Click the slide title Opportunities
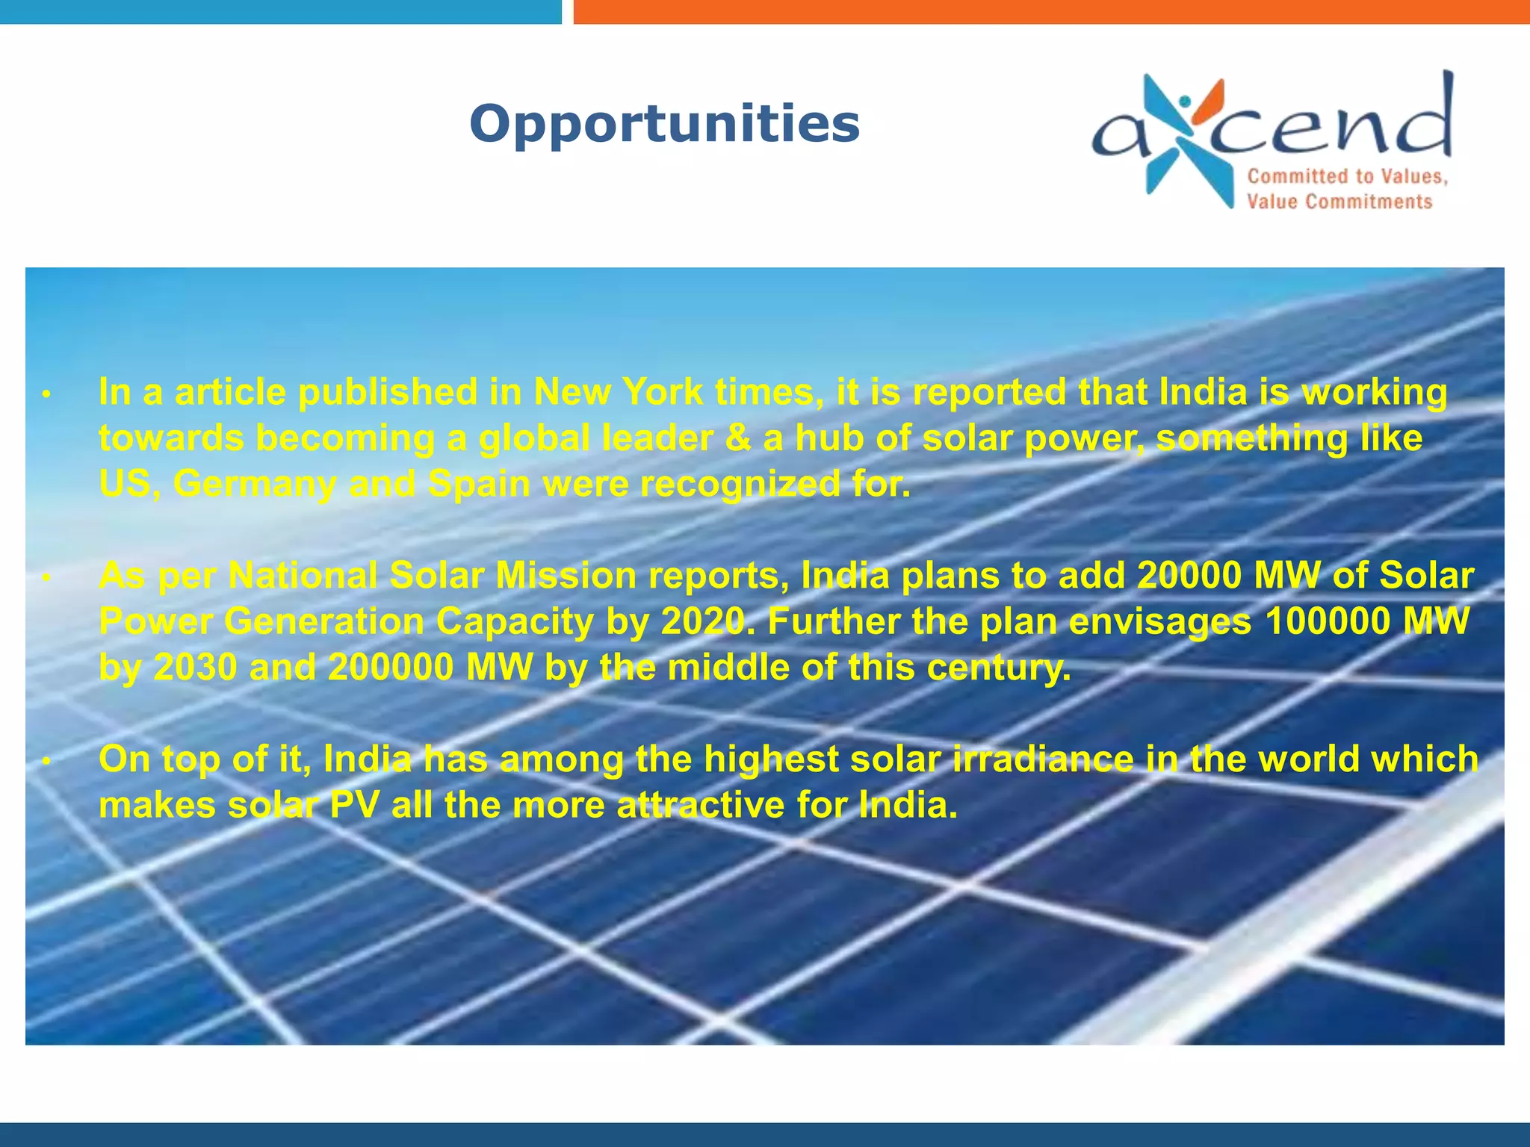pos(664,123)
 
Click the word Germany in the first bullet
pos(255,484)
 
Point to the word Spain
pos(479,484)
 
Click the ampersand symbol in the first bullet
pos(738,438)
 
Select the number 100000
pos(1327,621)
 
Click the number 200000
pos(391,668)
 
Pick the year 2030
pos(195,668)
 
